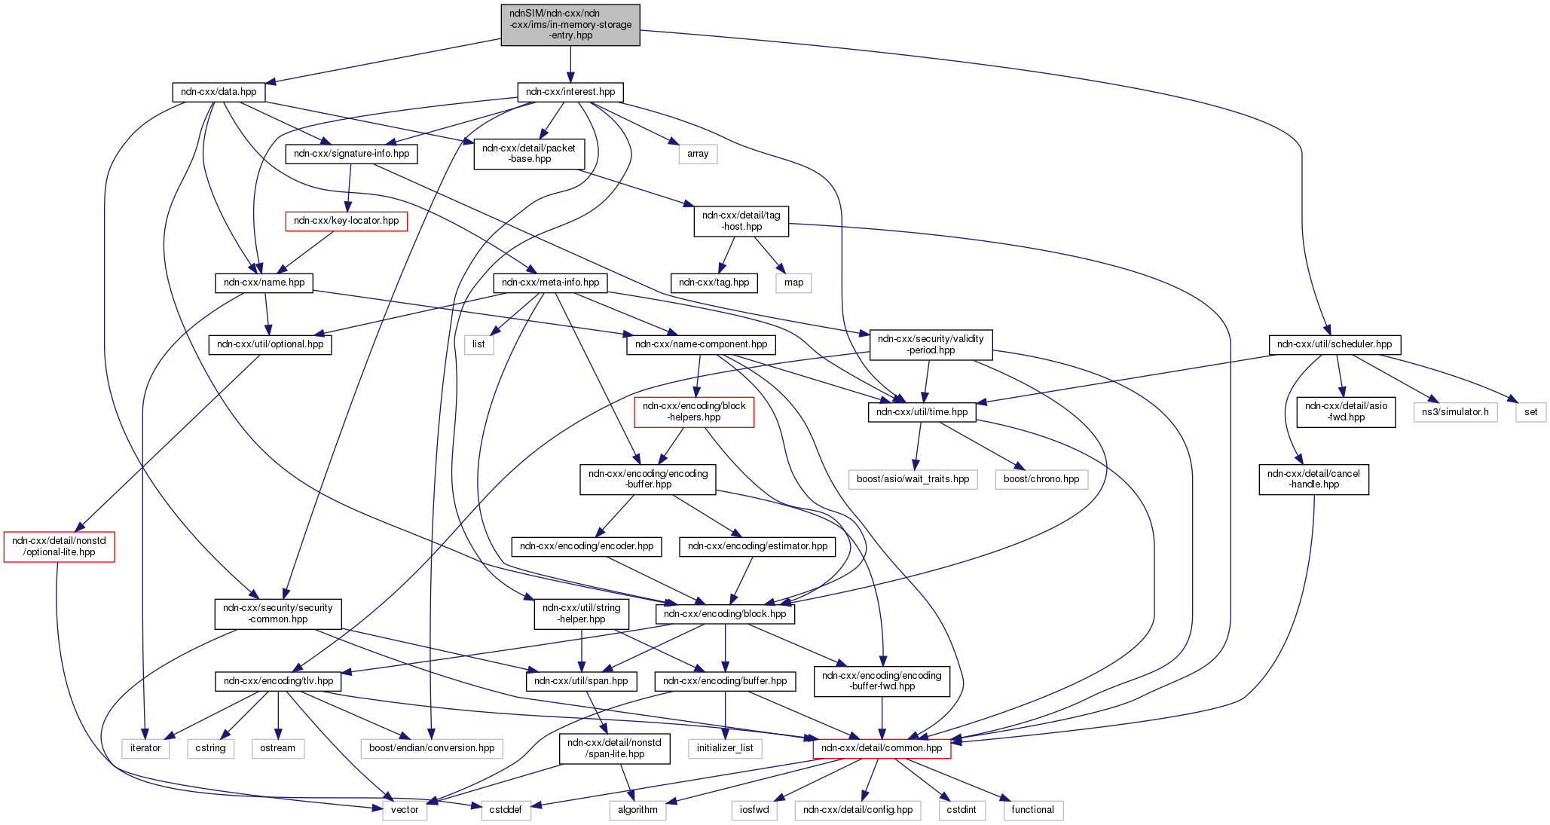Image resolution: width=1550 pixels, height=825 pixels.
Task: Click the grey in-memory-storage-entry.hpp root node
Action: pyautogui.click(x=570, y=25)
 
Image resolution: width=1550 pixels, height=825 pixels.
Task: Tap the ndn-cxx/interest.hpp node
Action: pyautogui.click(x=570, y=92)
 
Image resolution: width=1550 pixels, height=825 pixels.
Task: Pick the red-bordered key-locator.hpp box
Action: pyautogui.click(x=346, y=221)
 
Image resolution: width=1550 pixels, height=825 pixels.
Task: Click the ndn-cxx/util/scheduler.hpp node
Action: pyautogui.click(x=1334, y=344)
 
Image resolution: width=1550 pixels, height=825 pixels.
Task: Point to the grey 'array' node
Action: pyautogui.click(x=698, y=154)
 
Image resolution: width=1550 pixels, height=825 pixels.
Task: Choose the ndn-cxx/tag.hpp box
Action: pyautogui.click(x=714, y=283)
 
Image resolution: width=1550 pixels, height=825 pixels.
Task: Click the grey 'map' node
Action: pyautogui.click(x=793, y=283)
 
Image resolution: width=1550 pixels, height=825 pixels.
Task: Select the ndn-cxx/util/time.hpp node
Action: pyautogui.click(x=922, y=412)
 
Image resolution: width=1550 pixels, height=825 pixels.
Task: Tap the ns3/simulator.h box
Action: pyautogui.click(x=1455, y=412)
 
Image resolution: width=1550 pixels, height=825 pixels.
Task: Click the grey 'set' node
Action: pyautogui.click(x=1530, y=412)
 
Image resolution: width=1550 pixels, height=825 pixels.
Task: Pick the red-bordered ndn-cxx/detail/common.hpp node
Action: pyautogui.click(x=882, y=748)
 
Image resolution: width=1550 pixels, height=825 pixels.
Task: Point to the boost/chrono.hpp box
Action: pyautogui.click(x=1041, y=479)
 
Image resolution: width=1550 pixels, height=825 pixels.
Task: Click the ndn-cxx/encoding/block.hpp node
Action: pyautogui.click(x=725, y=614)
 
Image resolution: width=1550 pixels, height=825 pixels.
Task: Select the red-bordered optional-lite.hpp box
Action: pyautogui.click(x=59, y=546)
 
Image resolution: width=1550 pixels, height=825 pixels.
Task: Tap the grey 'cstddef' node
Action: pyautogui.click(x=506, y=810)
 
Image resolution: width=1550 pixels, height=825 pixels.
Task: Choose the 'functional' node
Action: pyautogui.click(x=1032, y=810)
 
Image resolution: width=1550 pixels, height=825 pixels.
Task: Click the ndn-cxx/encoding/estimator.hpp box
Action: pyautogui.click(x=757, y=546)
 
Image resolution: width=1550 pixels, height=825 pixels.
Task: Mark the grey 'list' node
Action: pyautogui.click(x=478, y=344)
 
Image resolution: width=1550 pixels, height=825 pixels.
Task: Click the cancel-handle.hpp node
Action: pyautogui.click(x=1313, y=479)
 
